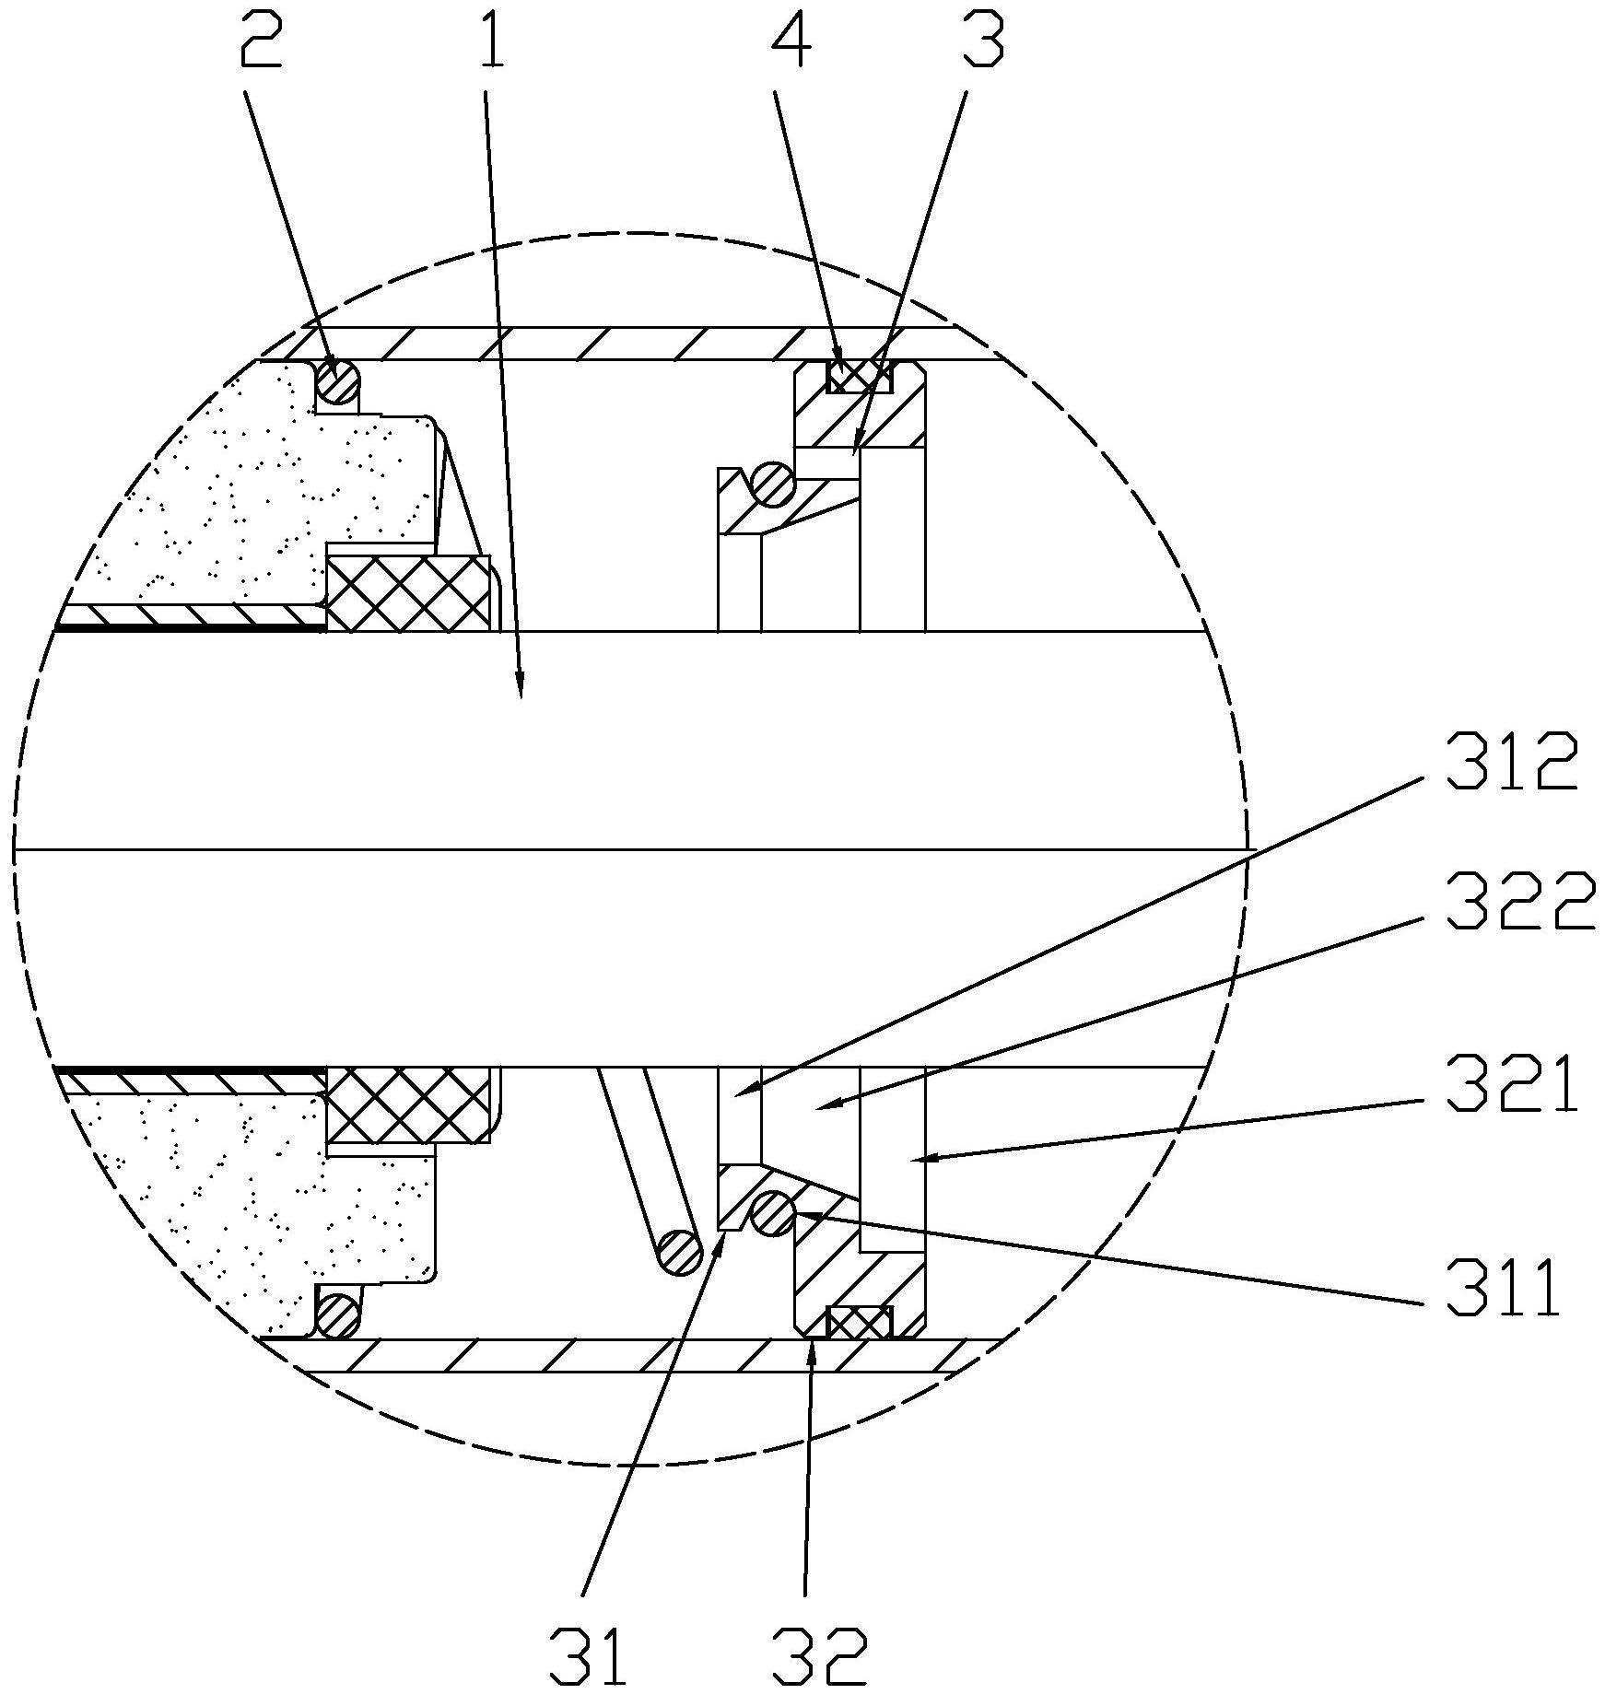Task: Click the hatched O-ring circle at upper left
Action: (338, 381)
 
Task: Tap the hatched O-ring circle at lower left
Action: (338, 1314)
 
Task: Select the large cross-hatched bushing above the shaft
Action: (408, 593)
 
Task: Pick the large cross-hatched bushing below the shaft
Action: (408, 1105)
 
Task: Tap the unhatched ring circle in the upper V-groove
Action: (773, 483)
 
